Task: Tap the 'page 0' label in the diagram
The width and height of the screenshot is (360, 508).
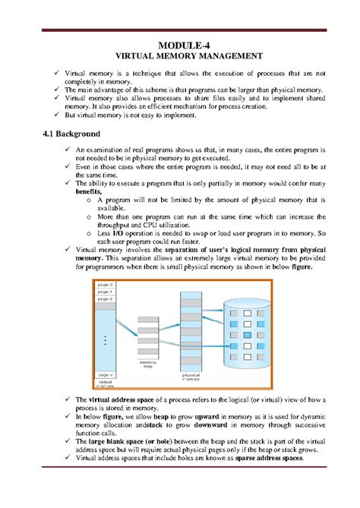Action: click(x=105, y=284)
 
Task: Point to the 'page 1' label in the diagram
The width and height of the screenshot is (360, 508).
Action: click(x=105, y=292)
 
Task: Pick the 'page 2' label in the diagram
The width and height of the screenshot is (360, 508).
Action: click(x=105, y=299)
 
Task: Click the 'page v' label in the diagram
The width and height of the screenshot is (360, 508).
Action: click(x=105, y=374)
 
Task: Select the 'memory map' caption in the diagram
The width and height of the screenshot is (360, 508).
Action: click(x=148, y=366)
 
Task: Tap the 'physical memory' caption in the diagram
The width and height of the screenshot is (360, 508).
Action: click(x=191, y=377)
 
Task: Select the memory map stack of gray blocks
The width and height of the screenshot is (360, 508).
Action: click(x=148, y=339)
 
